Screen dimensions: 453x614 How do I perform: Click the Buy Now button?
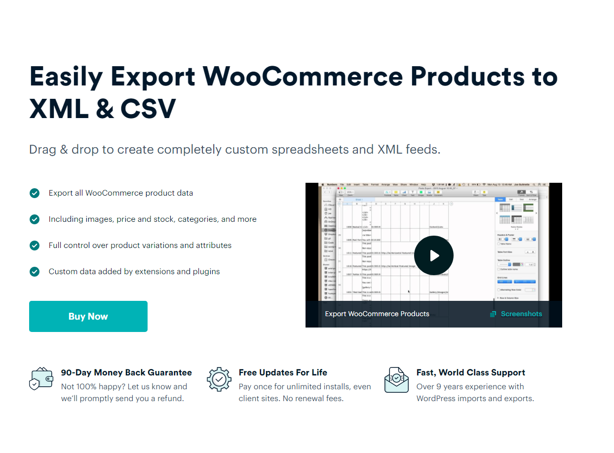[88, 317]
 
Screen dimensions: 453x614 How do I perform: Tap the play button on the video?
[434, 255]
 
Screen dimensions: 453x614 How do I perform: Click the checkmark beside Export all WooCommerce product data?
[35, 193]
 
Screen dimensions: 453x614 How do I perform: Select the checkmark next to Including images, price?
[35, 219]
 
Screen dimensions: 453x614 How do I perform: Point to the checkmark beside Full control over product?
[35, 246]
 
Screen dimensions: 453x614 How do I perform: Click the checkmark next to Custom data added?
[35, 272]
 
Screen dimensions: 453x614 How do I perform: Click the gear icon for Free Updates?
[219, 379]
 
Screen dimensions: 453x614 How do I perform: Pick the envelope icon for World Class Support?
[397, 379]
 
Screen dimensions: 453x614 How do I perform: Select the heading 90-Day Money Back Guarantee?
[126, 372]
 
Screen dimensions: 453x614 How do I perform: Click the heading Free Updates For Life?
[283, 372]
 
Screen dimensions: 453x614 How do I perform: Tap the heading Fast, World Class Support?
[470, 372]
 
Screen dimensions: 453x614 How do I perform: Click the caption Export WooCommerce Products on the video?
[377, 314]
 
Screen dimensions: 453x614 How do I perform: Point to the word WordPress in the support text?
[439, 398]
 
